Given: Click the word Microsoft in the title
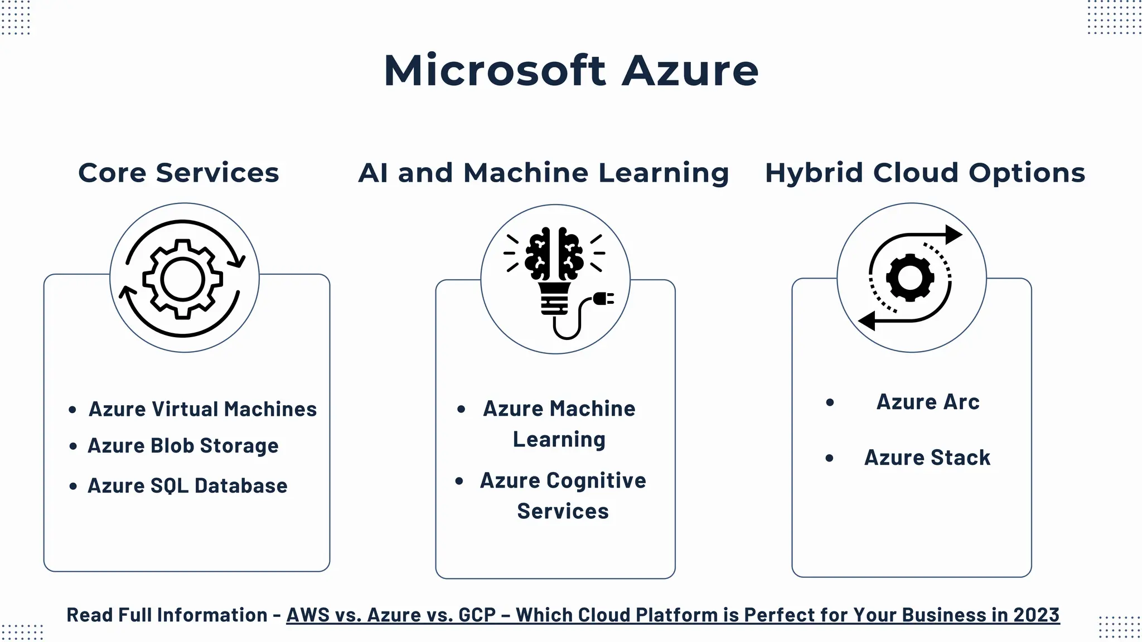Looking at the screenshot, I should click(495, 71).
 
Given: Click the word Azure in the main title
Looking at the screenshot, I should click(690, 71).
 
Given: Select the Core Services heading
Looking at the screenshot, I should click(178, 173).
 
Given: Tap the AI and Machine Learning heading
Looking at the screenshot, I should click(543, 173).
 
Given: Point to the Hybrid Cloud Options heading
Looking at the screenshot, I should click(925, 173).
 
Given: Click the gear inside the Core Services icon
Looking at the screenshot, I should click(183, 279).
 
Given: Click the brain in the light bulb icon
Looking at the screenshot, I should click(555, 254).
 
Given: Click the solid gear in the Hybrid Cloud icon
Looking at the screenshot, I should click(910, 278).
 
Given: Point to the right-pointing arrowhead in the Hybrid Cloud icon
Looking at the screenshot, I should click(954, 234).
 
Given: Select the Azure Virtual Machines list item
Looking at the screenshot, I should click(202, 410).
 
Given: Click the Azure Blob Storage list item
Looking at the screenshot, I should click(183, 446).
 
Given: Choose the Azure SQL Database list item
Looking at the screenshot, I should click(187, 486).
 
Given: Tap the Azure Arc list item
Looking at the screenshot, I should click(928, 402).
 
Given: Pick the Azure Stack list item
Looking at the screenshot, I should click(927, 458).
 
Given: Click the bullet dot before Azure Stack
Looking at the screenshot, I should click(829, 458).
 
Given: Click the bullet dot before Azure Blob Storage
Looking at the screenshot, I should click(73, 446).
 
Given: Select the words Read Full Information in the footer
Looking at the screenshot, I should click(167, 615).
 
